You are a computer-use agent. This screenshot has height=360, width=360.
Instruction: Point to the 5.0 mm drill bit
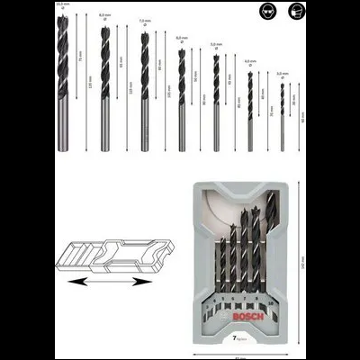215,104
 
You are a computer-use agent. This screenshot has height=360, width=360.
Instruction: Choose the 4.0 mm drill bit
249,109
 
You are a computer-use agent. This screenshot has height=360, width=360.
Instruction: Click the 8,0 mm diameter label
105,14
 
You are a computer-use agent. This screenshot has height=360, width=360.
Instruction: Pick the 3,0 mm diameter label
282,74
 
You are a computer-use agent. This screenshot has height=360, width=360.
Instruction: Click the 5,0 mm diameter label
215,45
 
